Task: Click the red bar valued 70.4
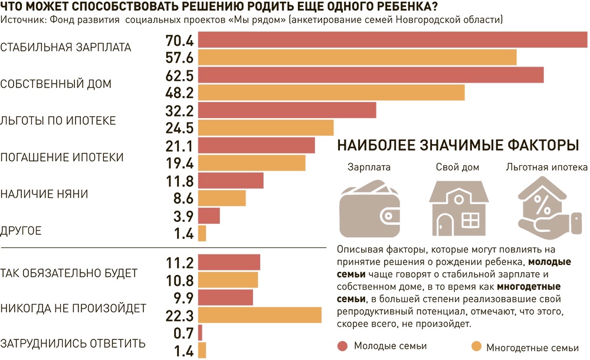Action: click(392, 40)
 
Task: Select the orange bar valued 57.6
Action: click(357, 57)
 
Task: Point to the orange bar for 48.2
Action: click(331, 93)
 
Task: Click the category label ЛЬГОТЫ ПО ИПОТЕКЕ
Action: click(58, 120)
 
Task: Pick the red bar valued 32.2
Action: click(287, 110)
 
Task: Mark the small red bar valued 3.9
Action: click(209, 215)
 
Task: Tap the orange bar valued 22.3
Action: click(260, 315)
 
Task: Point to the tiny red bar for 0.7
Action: click(200, 333)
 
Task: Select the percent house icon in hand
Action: click(546, 211)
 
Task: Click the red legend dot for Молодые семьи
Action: click(342, 346)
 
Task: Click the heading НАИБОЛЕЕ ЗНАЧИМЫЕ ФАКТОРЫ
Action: click(457, 145)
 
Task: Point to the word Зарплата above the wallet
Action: click(369, 168)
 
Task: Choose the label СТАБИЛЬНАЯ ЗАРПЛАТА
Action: click(66, 47)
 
